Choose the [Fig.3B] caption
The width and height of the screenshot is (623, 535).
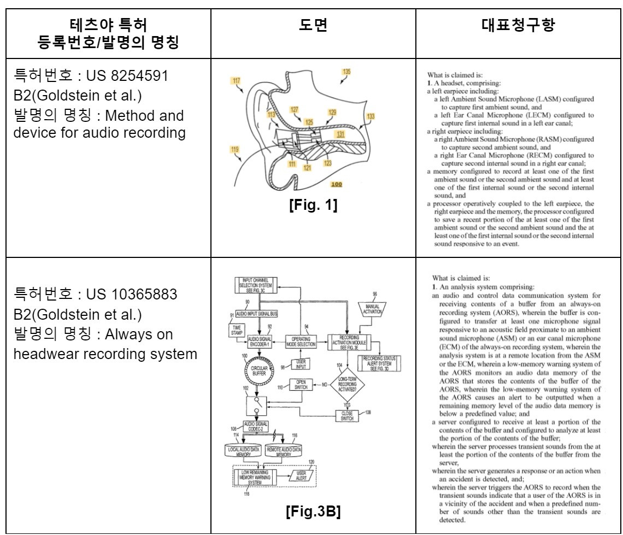pos(313,512)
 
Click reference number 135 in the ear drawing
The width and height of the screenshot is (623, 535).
pos(346,72)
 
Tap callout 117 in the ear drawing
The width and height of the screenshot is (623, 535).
pos(236,81)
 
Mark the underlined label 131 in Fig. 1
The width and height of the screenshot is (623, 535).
pos(340,133)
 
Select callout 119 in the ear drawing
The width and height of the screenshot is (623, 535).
pos(235,149)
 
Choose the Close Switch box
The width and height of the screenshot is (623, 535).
pos(347,416)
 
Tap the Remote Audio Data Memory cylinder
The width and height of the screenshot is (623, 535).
pos(283,451)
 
